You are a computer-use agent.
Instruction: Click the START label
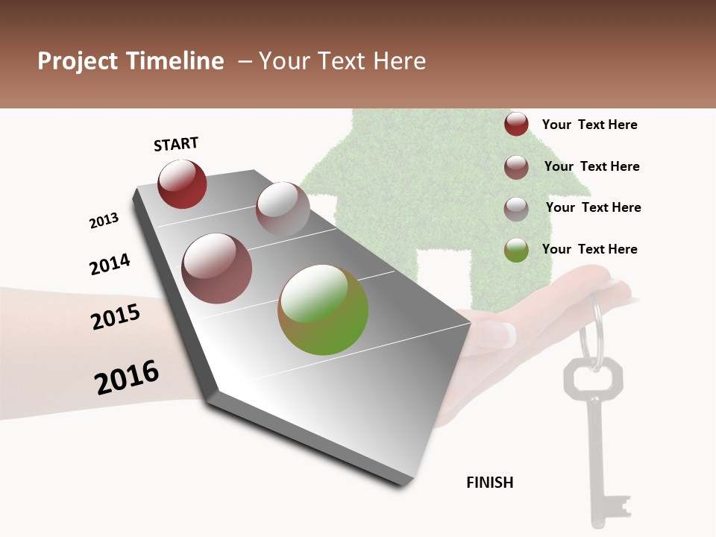pyautogui.click(x=176, y=144)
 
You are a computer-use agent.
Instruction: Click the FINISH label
pyautogui.click(x=490, y=483)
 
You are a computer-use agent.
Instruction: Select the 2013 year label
pyautogui.click(x=104, y=221)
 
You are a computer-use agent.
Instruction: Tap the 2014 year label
pyautogui.click(x=110, y=264)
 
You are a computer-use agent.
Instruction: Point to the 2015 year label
pyautogui.click(x=116, y=317)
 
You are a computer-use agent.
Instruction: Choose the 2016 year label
pyautogui.click(x=127, y=377)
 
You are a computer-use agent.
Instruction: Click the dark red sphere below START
pyautogui.click(x=182, y=183)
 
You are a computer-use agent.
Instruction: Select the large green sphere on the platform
pyautogui.click(x=323, y=310)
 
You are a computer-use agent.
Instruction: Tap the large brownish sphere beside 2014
pyautogui.click(x=217, y=268)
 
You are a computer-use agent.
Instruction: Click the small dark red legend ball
pyautogui.click(x=516, y=125)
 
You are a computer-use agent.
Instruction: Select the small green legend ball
pyautogui.click(x=516, y=250)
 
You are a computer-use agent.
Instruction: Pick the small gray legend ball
pyautogui.click(x=516, y=209)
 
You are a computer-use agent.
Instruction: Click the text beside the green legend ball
pyautogui.click(x=589, y=249)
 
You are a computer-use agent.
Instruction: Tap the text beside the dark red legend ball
pyautogui.click(x=589, y=125)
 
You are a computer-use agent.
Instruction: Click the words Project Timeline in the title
pyautogui.click(x=131, y=61)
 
